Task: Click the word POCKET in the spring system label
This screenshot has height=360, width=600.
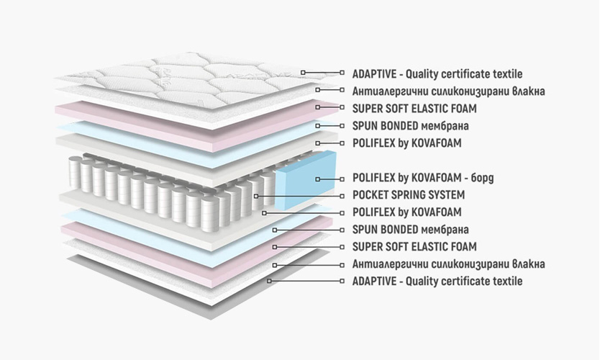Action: pos(371,195)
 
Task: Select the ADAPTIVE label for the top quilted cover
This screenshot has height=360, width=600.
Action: pos(437,74)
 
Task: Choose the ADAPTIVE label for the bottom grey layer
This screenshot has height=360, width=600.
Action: pos(437,282)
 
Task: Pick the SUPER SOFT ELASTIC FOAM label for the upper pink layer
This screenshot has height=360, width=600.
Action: pos(414,109)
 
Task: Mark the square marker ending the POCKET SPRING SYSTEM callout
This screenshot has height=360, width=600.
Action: pos(256,195)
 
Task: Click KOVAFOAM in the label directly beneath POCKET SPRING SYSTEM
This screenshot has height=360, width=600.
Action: pos(436,212)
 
